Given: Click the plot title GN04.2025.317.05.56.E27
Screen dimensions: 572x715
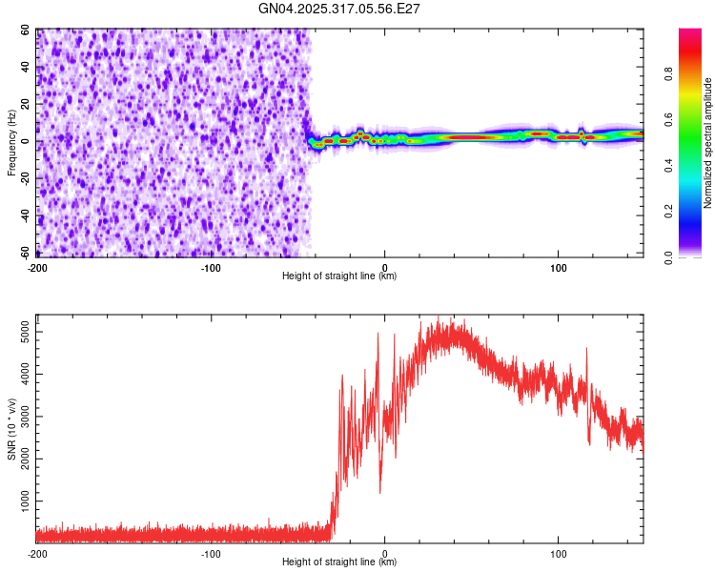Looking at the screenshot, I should pyautogui.click(x=339, y=10).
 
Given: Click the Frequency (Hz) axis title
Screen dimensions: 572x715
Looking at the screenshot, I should pyautogui.click(x=11, y=143).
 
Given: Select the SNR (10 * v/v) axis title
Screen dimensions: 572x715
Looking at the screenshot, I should pyautogui.click(x=11, y=429).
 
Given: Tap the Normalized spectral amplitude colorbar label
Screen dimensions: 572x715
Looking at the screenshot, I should pyautogui.click(x=707, y=143).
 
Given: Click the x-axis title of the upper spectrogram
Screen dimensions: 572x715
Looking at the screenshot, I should pyautogui.click(x=339, y=276).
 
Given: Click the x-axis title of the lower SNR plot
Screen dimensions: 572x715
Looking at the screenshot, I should pyautogui.click(x=339, y=562).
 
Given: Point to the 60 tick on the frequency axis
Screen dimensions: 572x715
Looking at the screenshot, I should pyautogui.click(x=27, y=31).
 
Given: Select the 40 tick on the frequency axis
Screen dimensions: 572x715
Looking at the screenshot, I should pyautogui.click(x=27, y=68).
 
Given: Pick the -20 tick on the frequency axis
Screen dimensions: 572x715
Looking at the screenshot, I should pyautogui.click(x=25, y=179).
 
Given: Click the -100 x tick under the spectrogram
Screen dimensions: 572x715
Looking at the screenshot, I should pyautogui.click(x=211, y=266).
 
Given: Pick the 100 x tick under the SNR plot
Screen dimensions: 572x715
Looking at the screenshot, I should pyautogui.click(x=558, y=552).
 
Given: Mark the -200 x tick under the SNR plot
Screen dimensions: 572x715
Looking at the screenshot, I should pyautogui.click(x=37, y=552).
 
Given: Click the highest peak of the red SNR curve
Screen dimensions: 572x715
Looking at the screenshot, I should pyautogui.click(x=438, y=317).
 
